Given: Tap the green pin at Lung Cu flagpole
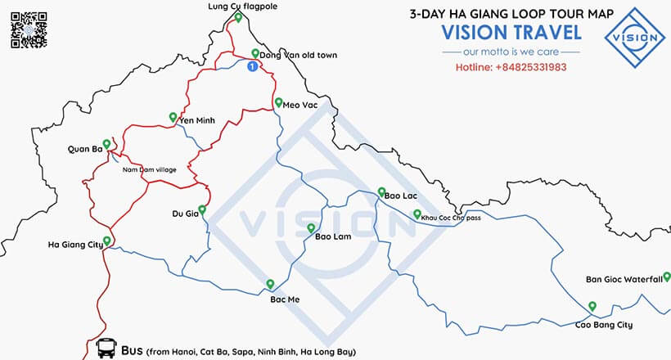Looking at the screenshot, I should click(x=237, y=17).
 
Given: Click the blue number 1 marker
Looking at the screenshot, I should click(x=252, y=66).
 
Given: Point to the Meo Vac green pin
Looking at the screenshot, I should click(x=277, y=104).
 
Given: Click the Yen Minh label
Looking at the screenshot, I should click(x=196, y=120).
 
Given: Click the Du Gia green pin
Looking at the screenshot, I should click(x=202, y=209).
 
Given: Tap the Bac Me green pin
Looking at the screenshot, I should click(x=270, y=284).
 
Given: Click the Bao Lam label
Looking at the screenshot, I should click(x=333, y=237).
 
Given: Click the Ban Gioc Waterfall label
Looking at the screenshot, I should click(x=624, y=279).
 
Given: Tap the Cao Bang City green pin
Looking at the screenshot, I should click(x=592, y=307).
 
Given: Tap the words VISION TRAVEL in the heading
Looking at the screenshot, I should click(x=511, y=32).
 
